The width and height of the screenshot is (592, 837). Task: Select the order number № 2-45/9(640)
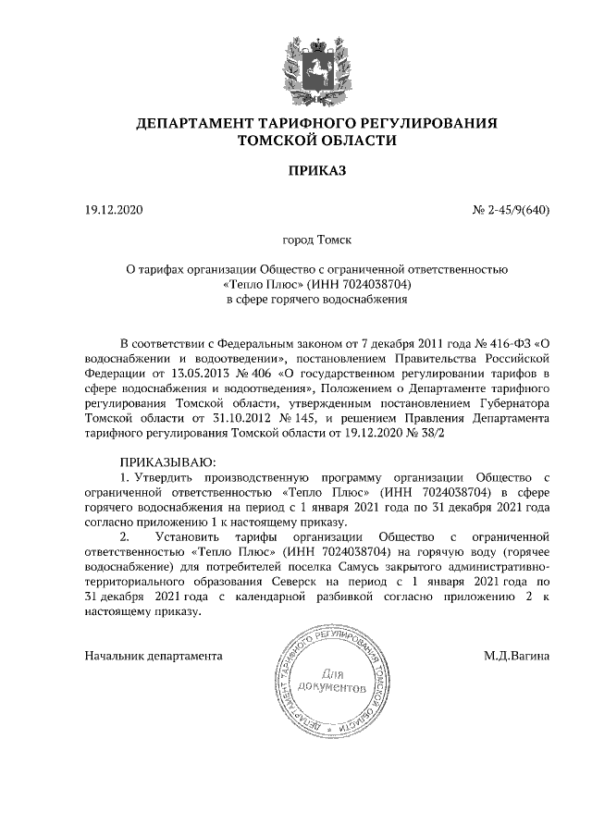coord(512,211)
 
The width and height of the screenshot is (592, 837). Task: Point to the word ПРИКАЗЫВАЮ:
coord(167,461)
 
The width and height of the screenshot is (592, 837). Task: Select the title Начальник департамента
coord(153,656)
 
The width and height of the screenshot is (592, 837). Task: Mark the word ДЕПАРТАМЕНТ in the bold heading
coord(190,123)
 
